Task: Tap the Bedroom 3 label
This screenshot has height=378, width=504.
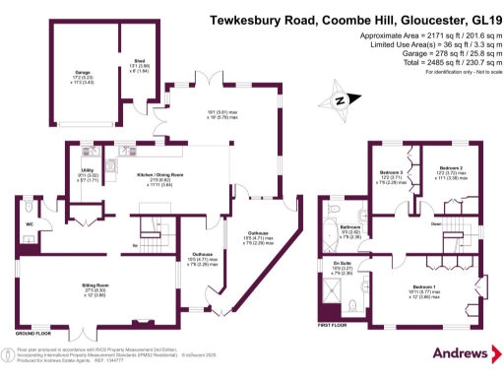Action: [x=391, y=171]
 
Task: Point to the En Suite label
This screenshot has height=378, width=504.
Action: [x=343, y=264]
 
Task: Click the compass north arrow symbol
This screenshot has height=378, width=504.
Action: [x=341, y=99]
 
